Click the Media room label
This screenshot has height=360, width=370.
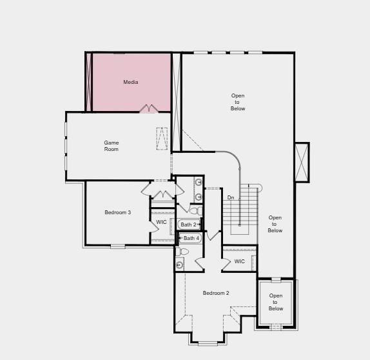click(131, 83)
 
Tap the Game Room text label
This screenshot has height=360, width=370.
click(112, 146)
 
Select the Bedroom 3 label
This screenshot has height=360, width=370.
click(118, 212)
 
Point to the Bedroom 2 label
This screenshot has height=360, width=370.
click(216, 293)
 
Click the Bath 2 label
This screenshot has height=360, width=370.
click(188, 225)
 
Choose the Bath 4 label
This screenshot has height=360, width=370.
click(191, 238)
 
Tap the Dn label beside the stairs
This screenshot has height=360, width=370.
click(230, 197)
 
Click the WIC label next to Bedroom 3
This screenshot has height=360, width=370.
click(161, 222)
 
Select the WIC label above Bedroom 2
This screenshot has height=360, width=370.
click(239, 261)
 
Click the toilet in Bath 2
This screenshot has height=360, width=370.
click(194, 211)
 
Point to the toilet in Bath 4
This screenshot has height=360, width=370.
click(184, 252)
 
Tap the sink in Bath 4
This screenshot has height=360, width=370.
click(179, 265)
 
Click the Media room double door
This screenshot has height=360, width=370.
click(149, 108)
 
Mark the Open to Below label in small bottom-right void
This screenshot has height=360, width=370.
click(276, 302)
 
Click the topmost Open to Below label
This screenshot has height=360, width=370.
click(238, 102)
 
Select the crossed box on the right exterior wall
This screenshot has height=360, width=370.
click(302, 162)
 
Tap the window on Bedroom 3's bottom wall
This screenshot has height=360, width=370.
click(117, 246)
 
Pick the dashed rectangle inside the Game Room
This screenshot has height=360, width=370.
click(162, 139)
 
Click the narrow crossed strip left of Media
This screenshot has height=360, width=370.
click(89, 82)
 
